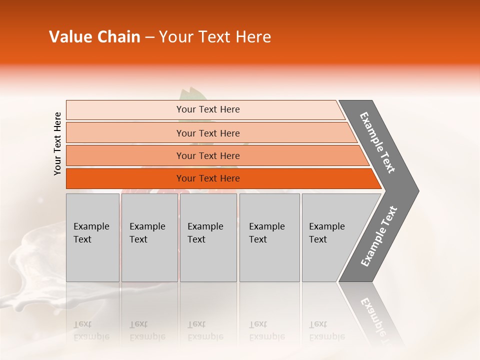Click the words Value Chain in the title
click(94, 37)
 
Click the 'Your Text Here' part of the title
click(215, 37)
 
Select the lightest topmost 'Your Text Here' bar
click(207, 109)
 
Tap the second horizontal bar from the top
click(207, 133)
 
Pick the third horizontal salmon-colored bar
click(207, 155)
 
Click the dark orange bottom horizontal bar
click(207, 178)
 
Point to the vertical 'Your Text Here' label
click(57, 144)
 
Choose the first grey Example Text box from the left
click(92, 237)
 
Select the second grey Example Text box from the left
click(149, 237)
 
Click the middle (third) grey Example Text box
click(208, 237)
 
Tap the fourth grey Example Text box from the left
click(269, 237)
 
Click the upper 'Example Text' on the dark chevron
click(377, 142)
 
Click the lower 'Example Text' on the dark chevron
click(378, 236)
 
